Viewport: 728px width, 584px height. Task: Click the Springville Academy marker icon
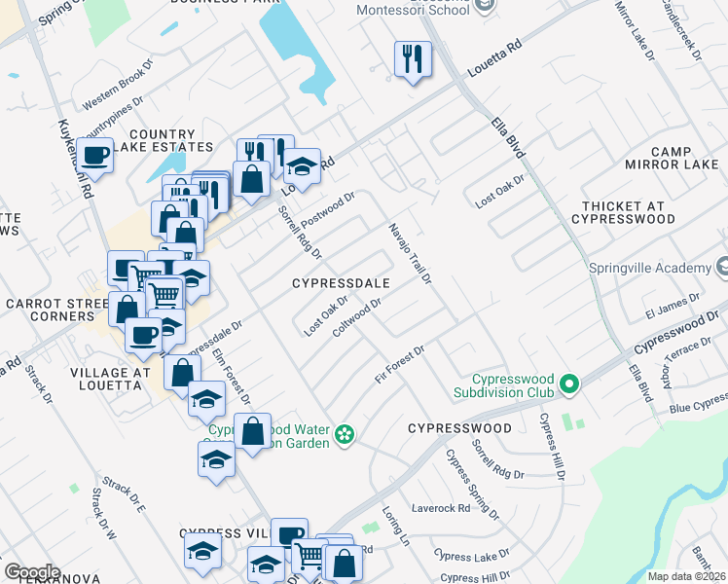(x=722, y=266)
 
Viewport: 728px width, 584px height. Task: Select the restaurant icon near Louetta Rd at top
(x=413, y=59)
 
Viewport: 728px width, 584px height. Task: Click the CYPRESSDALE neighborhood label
(x=342, y=283)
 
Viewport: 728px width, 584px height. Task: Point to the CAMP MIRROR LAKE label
(x=672, y=158)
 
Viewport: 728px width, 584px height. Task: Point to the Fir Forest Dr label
(x=401, y=364)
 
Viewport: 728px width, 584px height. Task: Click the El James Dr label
(x=667, y=307)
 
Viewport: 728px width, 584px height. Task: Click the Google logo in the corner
(x=32, y=572)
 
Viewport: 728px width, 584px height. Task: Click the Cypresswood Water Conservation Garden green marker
(x=344, y=434)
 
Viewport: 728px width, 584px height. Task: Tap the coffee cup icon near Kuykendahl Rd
(x=96, y=156)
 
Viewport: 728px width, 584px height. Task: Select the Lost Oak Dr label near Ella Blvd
(x=500, y=190)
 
